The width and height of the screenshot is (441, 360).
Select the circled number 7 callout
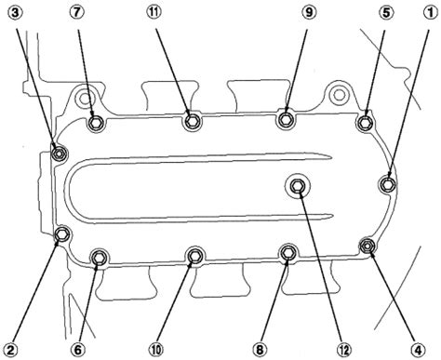(77, 13)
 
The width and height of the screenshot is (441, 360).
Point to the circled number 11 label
(154, 13)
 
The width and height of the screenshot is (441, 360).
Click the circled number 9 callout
(309, 13)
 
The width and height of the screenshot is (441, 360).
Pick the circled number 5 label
(386, 13)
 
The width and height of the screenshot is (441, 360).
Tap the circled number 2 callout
(11, 351)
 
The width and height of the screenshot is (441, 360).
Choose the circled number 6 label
(77, 351)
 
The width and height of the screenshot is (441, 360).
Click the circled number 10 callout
(155, 351)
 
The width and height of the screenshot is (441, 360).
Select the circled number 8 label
(260, 351)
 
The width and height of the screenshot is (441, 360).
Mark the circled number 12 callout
(344, 351)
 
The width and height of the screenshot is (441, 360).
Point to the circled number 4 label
(418, 351)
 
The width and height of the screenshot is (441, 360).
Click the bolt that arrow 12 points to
(298, 186)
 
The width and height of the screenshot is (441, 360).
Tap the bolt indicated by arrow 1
(388, 184)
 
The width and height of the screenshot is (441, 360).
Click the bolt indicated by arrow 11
(193, 121)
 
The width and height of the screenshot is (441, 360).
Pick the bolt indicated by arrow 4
(367, 246)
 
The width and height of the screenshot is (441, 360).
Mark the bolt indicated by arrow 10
(194, 256)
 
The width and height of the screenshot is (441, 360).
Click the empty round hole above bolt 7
(84, 98)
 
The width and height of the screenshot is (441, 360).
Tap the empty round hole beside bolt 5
(339, 95)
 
